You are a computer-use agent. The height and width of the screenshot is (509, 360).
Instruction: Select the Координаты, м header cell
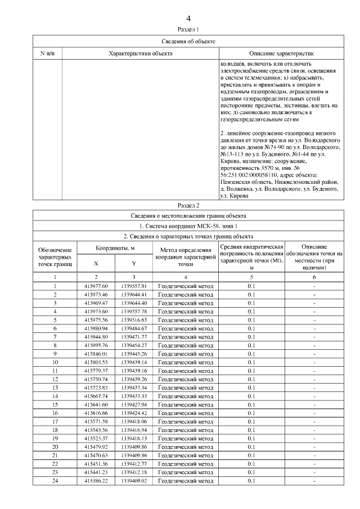click(x=115, y=247)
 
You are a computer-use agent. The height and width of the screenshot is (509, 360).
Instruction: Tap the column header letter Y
click(x=133, y=263)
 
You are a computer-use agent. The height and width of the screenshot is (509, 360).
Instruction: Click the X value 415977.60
click(x=96, y=286)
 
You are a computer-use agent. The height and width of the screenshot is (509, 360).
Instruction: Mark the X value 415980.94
click(x=96, y=328)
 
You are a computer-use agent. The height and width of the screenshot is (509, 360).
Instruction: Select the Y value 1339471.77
click(x=133, y=336)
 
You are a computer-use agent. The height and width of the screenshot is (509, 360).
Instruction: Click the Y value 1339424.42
click(x=133, y=412)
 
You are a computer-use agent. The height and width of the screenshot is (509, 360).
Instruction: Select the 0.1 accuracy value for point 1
click(x=251, y=286)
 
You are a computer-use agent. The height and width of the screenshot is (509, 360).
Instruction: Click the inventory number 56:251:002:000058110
click(x=250, y=174)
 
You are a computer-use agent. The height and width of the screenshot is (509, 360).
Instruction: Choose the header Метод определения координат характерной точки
click(x=186, y=256)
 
